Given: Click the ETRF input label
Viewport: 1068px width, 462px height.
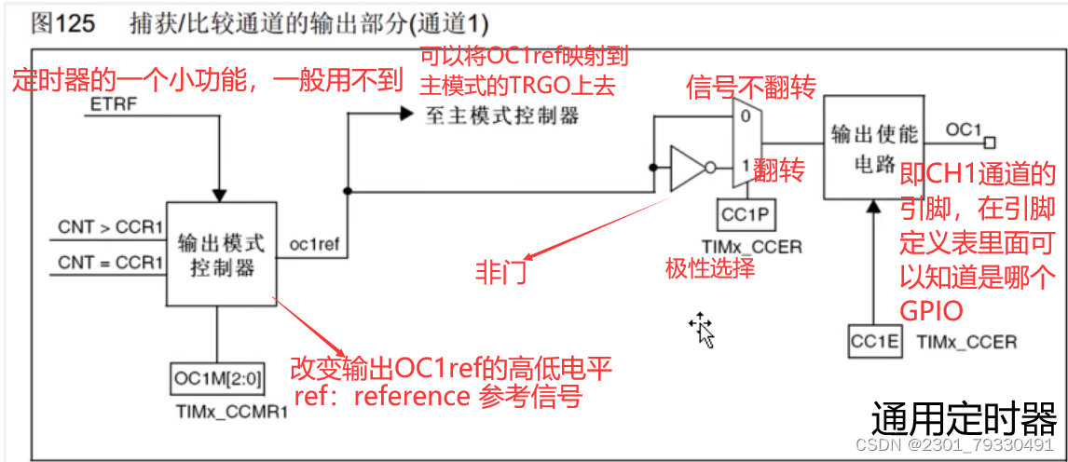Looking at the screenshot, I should [113, 105].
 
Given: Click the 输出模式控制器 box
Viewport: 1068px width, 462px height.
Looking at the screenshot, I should [221, 254].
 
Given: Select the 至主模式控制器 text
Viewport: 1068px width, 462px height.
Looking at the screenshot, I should [501, 115].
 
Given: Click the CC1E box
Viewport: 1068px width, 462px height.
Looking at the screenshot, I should [875, 342].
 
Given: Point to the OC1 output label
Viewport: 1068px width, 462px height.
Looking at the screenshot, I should [964, 129].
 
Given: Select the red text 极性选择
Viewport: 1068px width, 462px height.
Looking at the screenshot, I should [709, 268].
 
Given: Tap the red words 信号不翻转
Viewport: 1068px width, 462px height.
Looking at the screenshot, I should [751, 88].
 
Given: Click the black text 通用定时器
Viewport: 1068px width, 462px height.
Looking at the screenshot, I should [964, 419].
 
